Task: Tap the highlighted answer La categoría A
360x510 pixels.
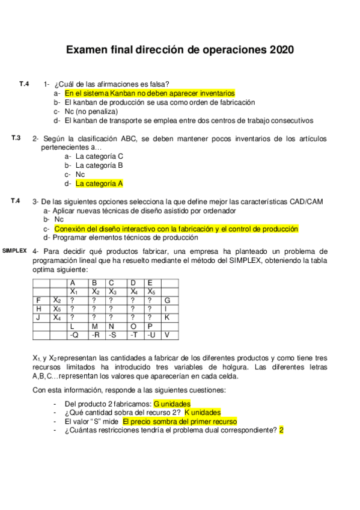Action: pos(99,183)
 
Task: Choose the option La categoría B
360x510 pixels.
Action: pos(99,165)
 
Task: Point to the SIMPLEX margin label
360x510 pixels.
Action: pos(14,250)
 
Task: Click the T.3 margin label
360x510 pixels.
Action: pos(16,138)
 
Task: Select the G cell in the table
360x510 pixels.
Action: pos(167,300)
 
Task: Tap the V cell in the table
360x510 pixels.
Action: pos(167,334)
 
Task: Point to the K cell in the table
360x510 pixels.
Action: pos(167,317)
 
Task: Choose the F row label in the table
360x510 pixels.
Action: pos(38,300)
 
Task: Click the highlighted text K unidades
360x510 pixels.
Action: pos(202,413)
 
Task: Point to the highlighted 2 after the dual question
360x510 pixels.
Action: pos(281,431)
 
